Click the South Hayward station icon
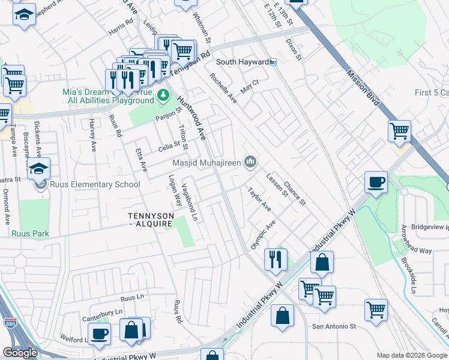[x=273, y=62]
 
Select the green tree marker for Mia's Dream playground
[x=162, y=95]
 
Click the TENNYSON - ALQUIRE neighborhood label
[x=151, y=220]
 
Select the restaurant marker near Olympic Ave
[x=276, y=260]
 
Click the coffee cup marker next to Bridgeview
[x=376, y=182]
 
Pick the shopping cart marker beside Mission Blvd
[x=399, y=131]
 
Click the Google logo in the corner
[x=20, y=353]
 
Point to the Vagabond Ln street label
[x=190, y=201]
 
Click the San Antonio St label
[x=334, y=327]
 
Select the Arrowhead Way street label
[x=417, y=241]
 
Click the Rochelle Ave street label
[x=223, y=88]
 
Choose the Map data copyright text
[x=412, y=355]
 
